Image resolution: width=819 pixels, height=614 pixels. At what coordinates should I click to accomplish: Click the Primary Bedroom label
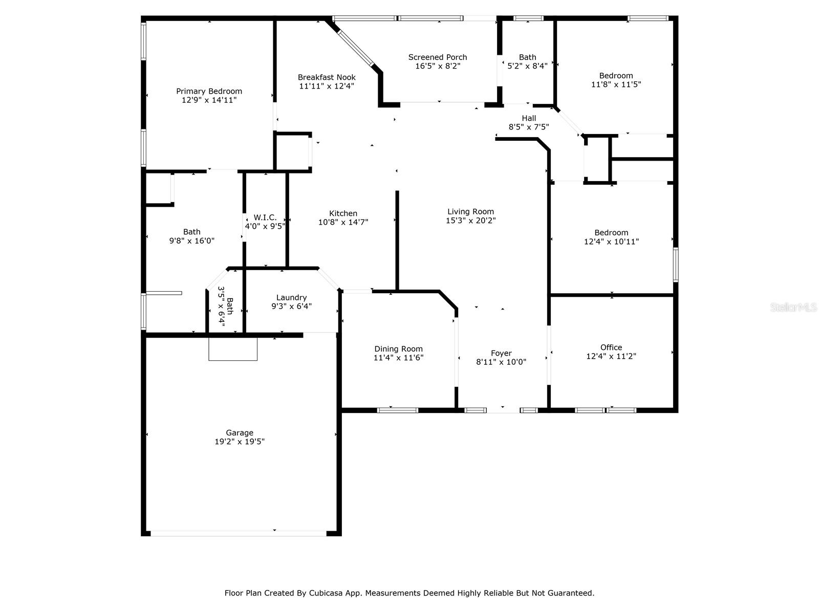click(209, 92)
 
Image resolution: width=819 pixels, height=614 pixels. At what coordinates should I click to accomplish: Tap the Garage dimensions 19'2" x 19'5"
click(240, 442)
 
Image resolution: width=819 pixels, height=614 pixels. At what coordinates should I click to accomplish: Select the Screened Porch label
click(437, 57)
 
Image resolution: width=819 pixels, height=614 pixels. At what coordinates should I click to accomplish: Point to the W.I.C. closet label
click(265, 217)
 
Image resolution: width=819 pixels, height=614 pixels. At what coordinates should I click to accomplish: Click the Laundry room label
click(291, 298)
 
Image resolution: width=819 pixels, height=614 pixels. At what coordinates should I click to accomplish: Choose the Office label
click(611, 347)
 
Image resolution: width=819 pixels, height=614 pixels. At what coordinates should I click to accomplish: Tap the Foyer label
click(501, 353)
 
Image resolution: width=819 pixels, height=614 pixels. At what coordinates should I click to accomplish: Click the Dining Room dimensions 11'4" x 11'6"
click(398, 358)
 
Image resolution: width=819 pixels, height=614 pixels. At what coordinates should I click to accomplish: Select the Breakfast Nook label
click(327, 77)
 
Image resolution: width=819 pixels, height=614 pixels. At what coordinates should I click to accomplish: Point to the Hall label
click(529, 118)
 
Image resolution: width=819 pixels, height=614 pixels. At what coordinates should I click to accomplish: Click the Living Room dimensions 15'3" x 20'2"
click(470, 221)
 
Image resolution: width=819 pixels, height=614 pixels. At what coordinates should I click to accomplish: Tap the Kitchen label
click(343, 213)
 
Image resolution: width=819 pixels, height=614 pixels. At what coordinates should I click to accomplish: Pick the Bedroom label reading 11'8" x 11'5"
click(616, 76)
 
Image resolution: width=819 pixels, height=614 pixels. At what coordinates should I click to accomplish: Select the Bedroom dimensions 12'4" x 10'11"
click(611, 242)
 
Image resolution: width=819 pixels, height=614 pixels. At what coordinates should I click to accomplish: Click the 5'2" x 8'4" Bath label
click(527, 57)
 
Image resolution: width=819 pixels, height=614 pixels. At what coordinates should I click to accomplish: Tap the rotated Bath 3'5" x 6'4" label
click(226, 305)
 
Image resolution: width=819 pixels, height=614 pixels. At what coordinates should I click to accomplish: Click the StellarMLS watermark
click(793, 308)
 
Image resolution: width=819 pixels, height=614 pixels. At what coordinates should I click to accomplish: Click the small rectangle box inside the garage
click(233, 349)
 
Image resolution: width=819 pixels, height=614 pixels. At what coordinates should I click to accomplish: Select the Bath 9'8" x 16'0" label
click(191, 232)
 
